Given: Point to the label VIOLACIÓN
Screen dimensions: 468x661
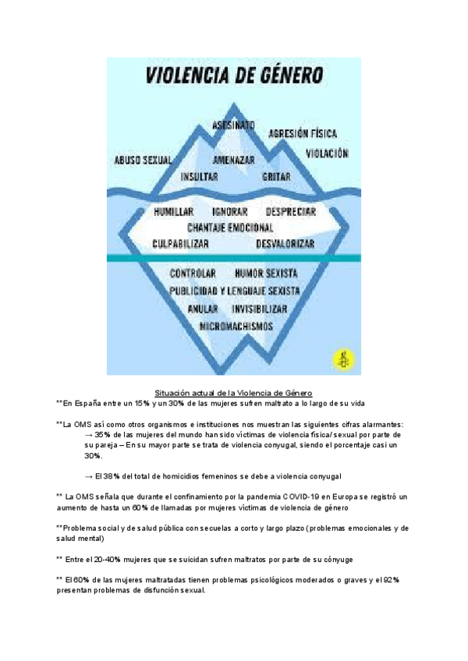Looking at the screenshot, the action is click(x=327, y=154).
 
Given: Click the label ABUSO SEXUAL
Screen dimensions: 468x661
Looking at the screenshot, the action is click(x=143, y=160).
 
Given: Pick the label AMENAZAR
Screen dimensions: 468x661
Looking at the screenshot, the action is click(x=234, y=160).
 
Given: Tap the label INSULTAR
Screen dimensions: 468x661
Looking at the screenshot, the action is click(x=199, y=177).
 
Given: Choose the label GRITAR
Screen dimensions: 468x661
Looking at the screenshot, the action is click(x=276, y=177).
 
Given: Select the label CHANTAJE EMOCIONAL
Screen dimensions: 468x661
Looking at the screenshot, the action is click(x=230, y=228).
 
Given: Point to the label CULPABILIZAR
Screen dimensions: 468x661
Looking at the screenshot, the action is click(x=181, y=244).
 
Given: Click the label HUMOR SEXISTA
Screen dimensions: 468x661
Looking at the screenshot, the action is click(x=266, y=274).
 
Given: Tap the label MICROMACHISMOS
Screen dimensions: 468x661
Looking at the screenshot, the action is click(x=236, y=324).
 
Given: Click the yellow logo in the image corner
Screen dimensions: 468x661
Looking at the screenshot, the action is click(x=342, y=359).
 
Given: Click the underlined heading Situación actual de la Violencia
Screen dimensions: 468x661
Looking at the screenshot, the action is click(x=234, y=392).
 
